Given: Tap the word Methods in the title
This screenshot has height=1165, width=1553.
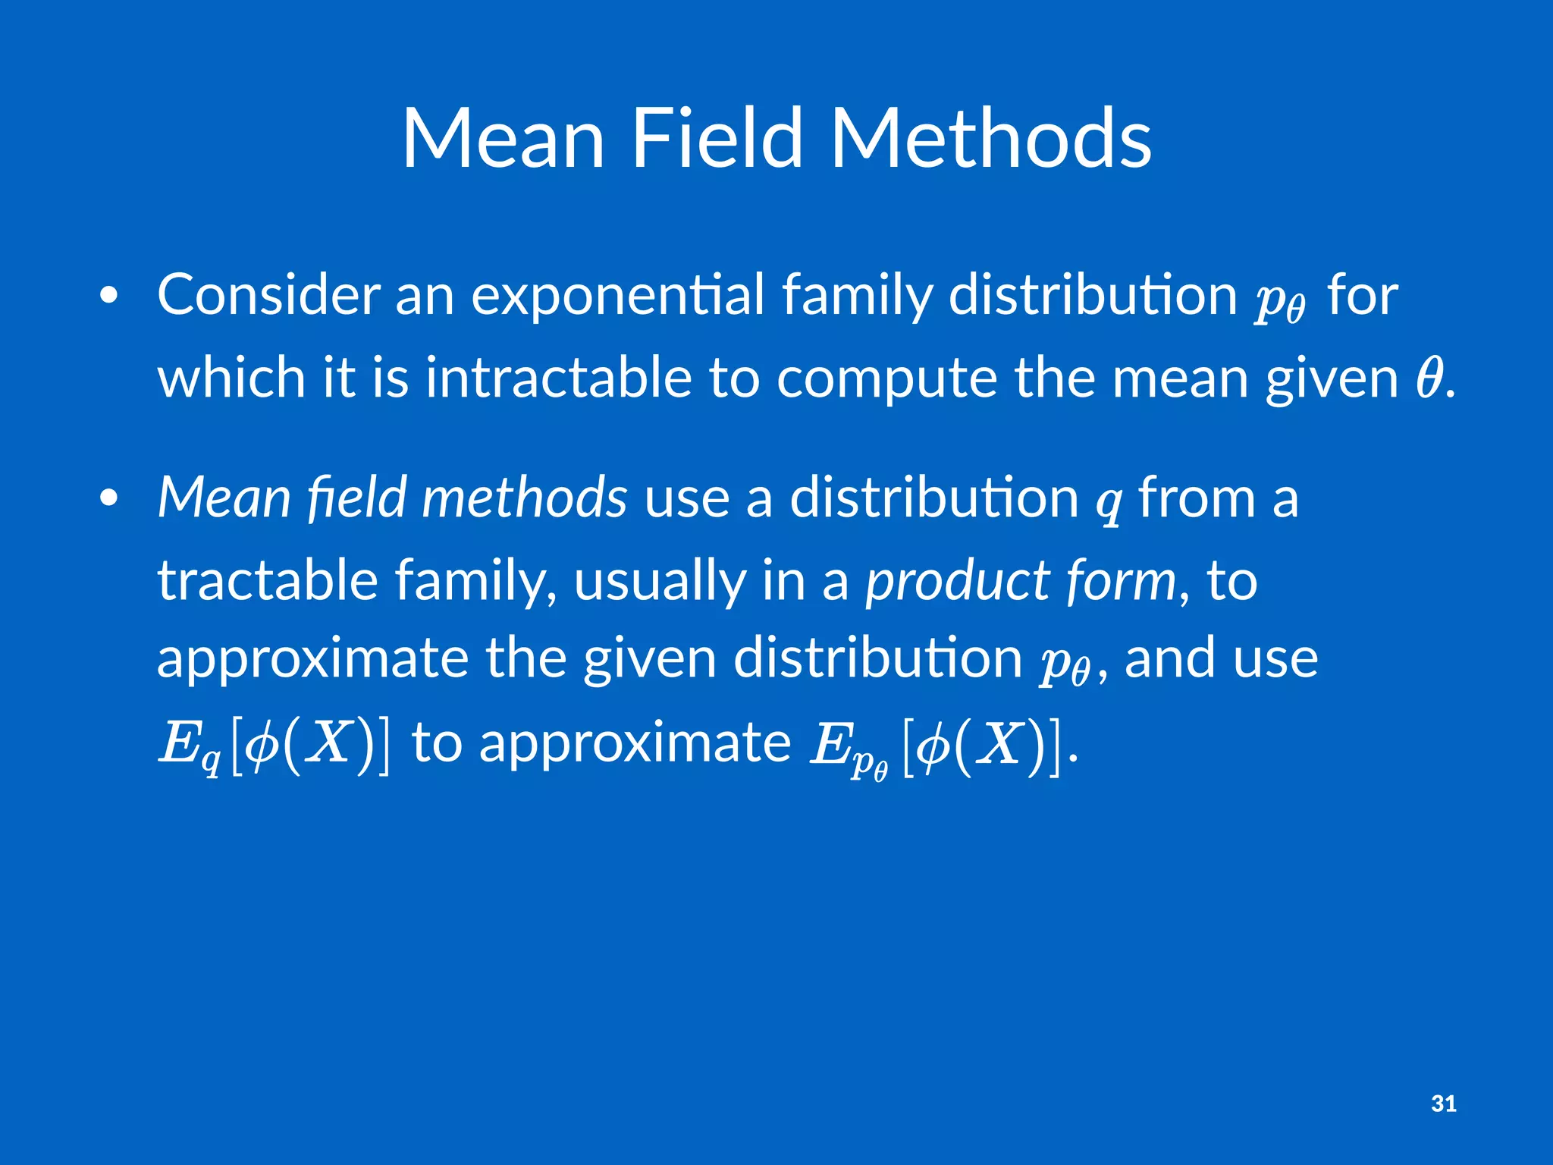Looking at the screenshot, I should [991, 139].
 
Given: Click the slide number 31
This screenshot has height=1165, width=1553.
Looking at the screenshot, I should [1444, 1104].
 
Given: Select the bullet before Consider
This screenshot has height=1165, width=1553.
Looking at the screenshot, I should [109, 296].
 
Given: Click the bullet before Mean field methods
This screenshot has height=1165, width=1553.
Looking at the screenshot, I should [109, 498].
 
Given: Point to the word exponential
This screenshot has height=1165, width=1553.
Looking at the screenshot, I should [617, 296].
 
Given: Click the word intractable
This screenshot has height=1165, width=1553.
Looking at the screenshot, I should [558, 378].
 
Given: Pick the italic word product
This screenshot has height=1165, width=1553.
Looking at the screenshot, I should [958, 581].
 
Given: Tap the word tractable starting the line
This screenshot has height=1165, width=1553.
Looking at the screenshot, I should [267, 579].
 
